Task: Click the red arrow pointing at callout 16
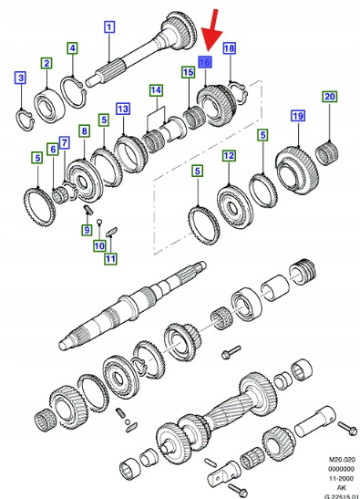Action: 212,30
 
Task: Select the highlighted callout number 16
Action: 204,62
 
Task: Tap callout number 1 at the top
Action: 109,27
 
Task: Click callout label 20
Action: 330,97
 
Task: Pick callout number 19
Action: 298,116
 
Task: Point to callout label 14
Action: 156,90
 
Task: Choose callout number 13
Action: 123,109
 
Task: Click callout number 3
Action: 21,78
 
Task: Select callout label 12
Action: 229,156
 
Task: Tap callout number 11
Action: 110,258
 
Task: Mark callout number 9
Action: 87,230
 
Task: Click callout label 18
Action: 230,48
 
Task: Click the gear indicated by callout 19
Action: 297,171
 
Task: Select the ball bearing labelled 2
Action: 49,106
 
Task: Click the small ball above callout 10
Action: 99,221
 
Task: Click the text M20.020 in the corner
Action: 341,460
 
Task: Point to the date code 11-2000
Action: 341,478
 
